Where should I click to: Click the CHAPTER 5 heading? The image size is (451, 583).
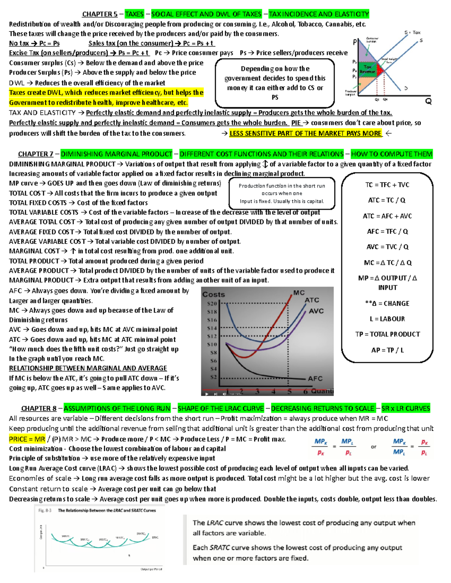[100, 14]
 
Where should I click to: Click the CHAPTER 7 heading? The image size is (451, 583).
[36, 154]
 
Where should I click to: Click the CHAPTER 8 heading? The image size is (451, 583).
[39, 408]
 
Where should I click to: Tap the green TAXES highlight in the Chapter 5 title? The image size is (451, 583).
[134, 14]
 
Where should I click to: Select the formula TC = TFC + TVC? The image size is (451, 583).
[387, 185]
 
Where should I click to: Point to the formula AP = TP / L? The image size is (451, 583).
[387, 350]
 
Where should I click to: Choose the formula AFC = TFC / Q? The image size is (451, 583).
[387, 231]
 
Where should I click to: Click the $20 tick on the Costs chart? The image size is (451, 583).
[212, 303]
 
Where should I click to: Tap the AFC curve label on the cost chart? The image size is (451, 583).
[315, 378]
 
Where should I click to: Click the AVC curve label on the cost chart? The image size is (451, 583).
[316, 311]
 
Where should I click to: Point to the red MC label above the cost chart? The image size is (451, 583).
[299, 292]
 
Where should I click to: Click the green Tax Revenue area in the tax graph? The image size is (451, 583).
[368, 69]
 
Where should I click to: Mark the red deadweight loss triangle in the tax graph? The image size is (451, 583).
[380, 70]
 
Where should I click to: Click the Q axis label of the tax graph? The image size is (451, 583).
[428, 101]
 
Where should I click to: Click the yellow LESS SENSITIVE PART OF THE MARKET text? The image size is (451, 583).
[306, 133]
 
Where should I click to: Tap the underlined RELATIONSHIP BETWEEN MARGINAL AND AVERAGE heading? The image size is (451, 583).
[88, 368]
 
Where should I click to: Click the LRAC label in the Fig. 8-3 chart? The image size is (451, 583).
[155, 537]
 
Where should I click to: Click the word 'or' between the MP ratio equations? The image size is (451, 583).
[373, 447]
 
